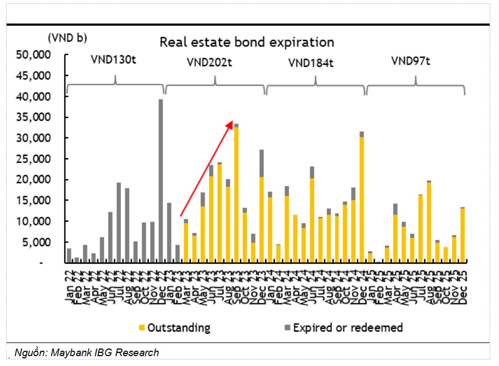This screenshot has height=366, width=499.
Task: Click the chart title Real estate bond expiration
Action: tap(246, 42)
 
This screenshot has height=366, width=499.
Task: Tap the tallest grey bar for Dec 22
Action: tap(161, 181)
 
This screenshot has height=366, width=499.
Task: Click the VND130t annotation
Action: tap(113, 60)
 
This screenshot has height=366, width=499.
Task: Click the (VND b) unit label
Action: tap(67, 38)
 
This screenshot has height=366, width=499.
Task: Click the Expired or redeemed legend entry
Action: tap(343, 328)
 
